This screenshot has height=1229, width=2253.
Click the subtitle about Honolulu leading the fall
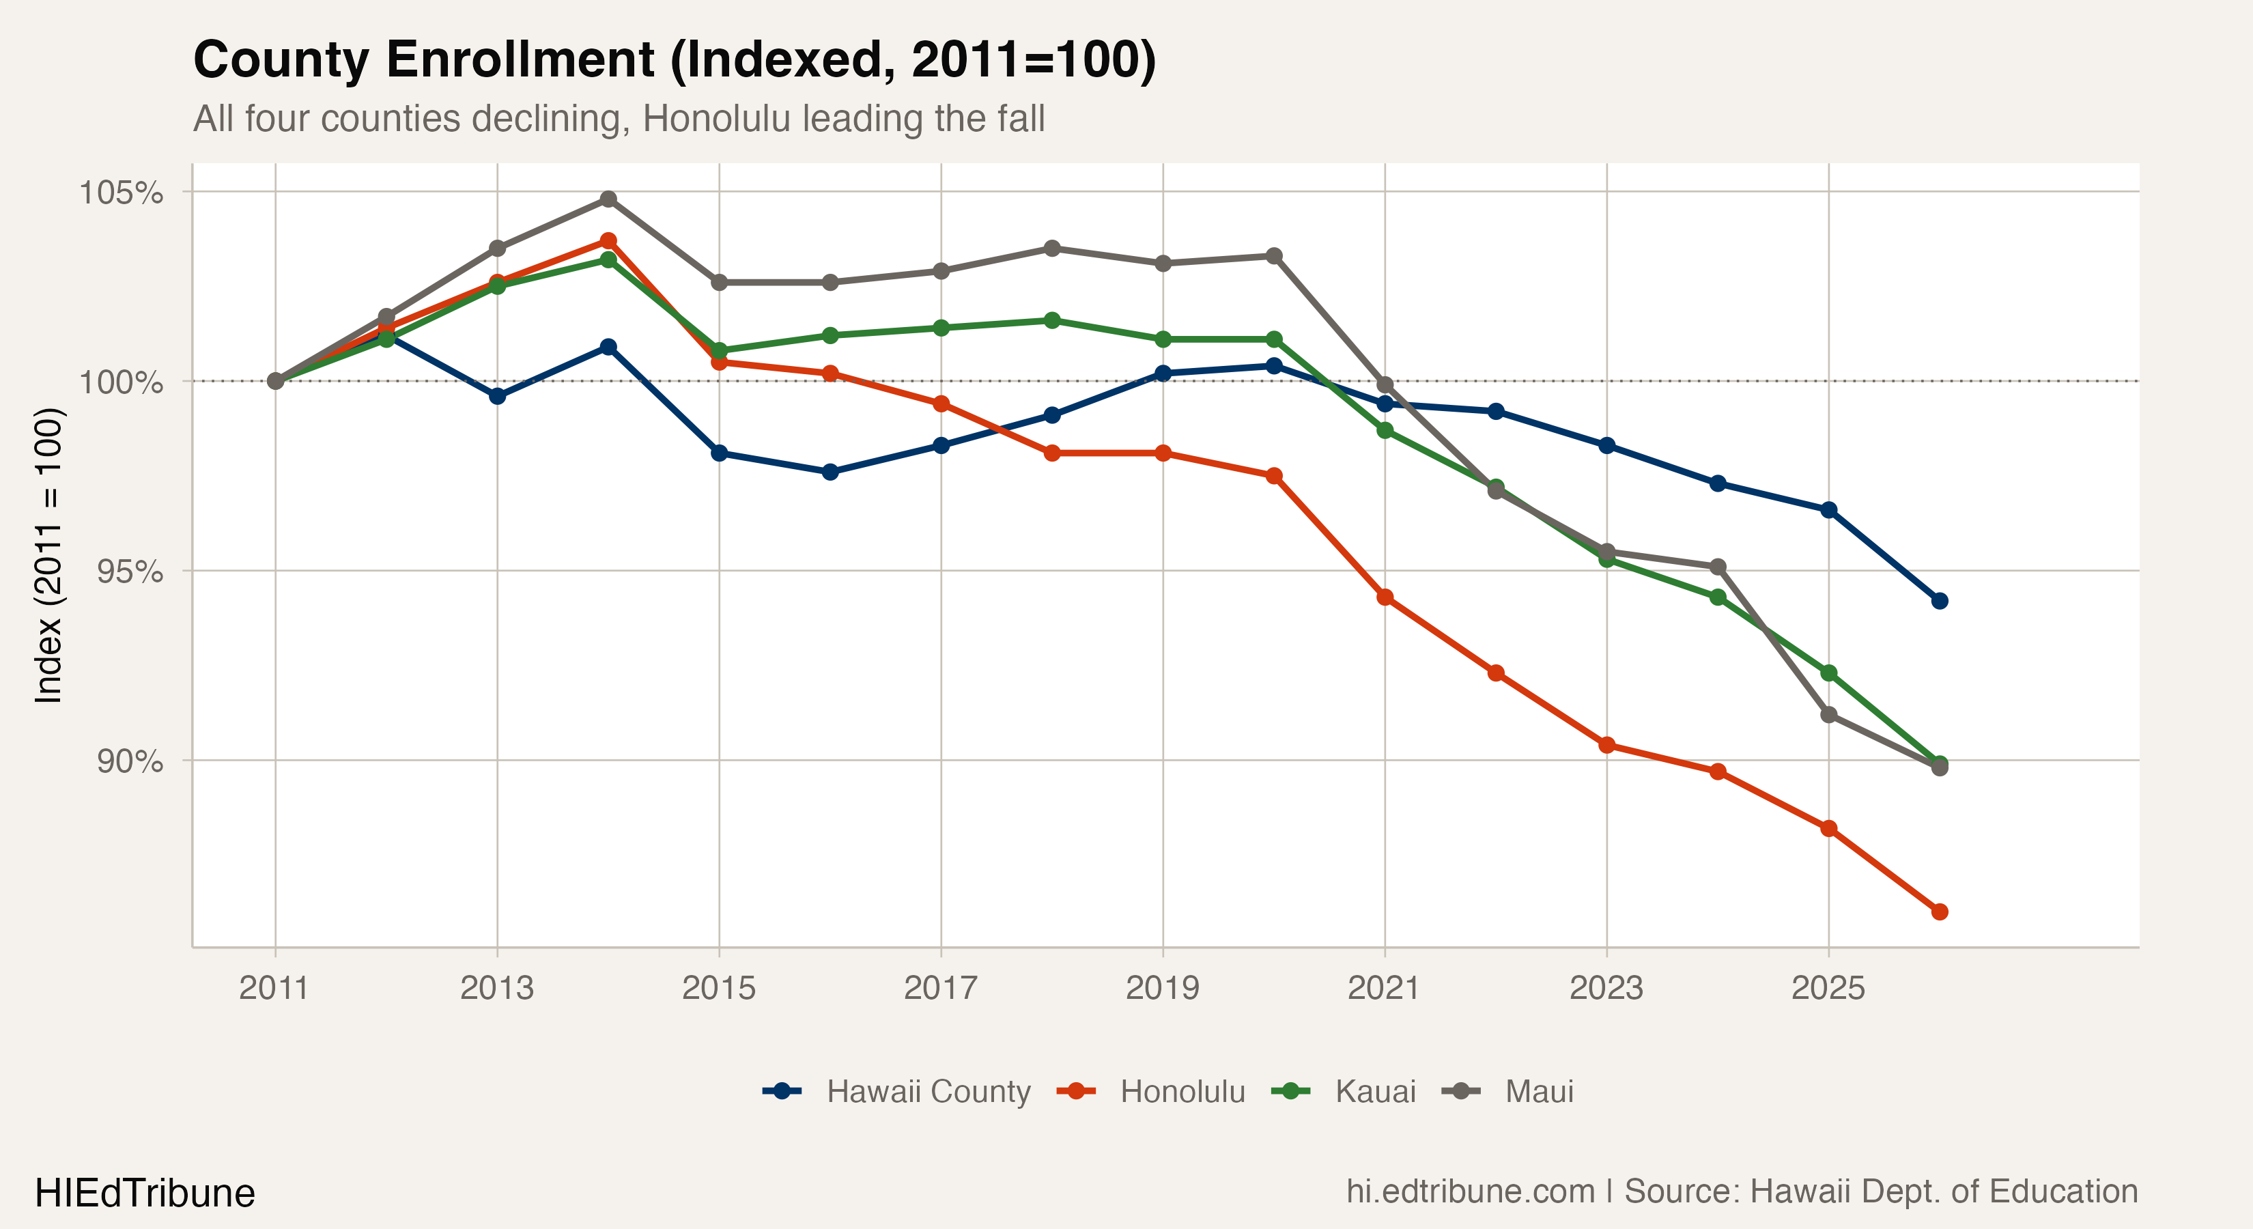coord(619,119)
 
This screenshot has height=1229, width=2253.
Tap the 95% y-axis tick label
coord(130,571)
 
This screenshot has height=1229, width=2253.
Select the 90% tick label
coord(130,761)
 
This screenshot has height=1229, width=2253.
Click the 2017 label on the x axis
coord(940,987)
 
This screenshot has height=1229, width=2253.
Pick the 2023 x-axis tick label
coord(1606,987)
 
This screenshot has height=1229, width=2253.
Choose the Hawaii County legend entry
coord(896,1091)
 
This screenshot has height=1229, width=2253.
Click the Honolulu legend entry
coord(1151,1091)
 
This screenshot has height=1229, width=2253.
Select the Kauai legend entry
coord(1344,1091)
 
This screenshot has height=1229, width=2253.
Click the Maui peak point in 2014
coord(608,199)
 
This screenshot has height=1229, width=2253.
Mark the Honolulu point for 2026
coord(1939,912)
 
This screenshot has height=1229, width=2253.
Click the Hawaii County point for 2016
coord(830,472)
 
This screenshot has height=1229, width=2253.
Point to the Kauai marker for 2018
coord(1052,320)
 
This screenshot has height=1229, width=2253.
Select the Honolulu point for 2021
coord(1385,597)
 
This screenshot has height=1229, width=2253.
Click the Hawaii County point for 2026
coord(1939,601)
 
